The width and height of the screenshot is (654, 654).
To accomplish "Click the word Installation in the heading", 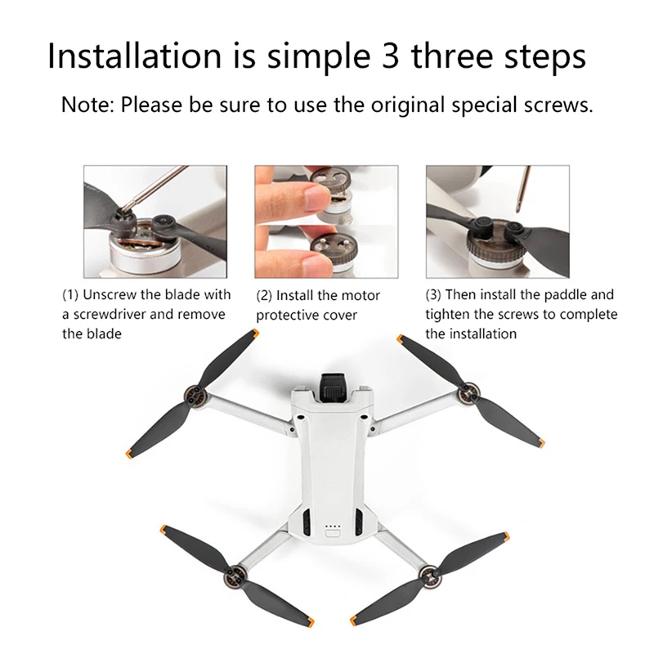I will (133, 56).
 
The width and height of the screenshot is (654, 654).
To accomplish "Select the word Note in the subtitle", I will (88, 105).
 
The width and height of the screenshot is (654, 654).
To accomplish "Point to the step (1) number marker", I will (72, 294).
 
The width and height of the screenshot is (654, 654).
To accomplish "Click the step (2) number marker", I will (265, 295).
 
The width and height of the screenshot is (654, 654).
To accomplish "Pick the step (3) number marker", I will (434, 294).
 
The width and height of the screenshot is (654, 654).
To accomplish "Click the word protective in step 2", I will (287, 315).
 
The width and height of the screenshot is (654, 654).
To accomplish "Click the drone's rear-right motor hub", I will (428, 573).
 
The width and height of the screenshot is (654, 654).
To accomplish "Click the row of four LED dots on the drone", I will (332, 526).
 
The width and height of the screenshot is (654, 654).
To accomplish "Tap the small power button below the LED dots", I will (332, 535).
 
